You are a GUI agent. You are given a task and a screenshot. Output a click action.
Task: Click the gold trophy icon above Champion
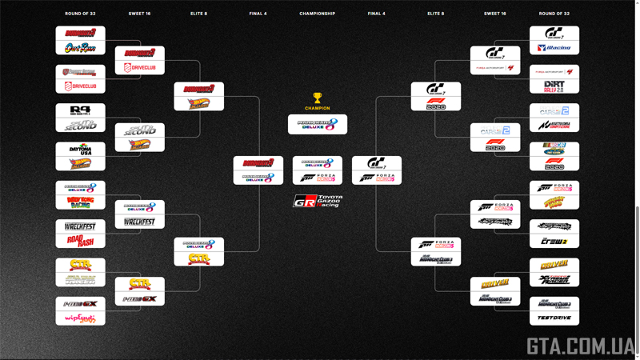318,98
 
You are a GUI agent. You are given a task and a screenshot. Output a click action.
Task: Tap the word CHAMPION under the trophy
318,108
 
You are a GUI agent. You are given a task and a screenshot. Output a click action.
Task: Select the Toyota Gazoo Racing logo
318,201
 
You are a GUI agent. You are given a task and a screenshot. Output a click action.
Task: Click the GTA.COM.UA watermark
580,346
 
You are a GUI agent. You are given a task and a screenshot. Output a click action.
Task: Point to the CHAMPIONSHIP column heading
318,14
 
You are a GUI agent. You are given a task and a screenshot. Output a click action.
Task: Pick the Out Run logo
80,47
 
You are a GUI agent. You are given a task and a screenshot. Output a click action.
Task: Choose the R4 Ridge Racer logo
80,110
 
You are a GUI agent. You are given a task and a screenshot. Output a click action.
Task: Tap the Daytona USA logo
80,150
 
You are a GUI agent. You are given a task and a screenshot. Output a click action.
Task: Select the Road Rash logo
80,240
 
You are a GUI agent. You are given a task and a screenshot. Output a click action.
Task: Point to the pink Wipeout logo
80,318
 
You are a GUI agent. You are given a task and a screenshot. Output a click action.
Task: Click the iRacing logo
554,47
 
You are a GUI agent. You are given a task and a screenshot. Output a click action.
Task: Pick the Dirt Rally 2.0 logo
554,86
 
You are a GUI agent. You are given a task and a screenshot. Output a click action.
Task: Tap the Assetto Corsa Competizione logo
554,125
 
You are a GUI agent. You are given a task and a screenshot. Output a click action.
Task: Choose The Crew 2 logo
554,240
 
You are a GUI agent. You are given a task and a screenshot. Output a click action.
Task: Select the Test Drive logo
554,318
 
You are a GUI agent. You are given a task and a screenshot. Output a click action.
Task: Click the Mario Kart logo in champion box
318,124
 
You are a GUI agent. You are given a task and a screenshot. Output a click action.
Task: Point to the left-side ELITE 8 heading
198,14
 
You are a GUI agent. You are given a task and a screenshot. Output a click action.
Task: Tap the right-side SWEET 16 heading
495,14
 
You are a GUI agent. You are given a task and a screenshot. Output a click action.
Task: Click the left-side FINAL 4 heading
258,14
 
